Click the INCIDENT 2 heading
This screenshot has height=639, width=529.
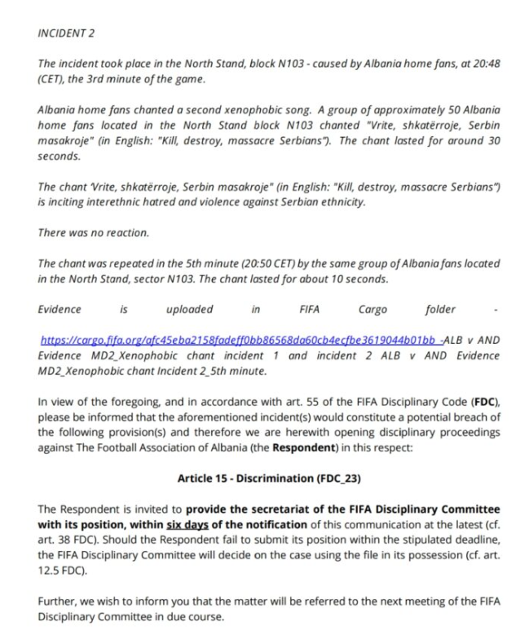[68, 33]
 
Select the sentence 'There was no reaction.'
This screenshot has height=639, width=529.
[94, 232]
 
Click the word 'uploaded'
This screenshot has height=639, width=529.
[189, 309]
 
